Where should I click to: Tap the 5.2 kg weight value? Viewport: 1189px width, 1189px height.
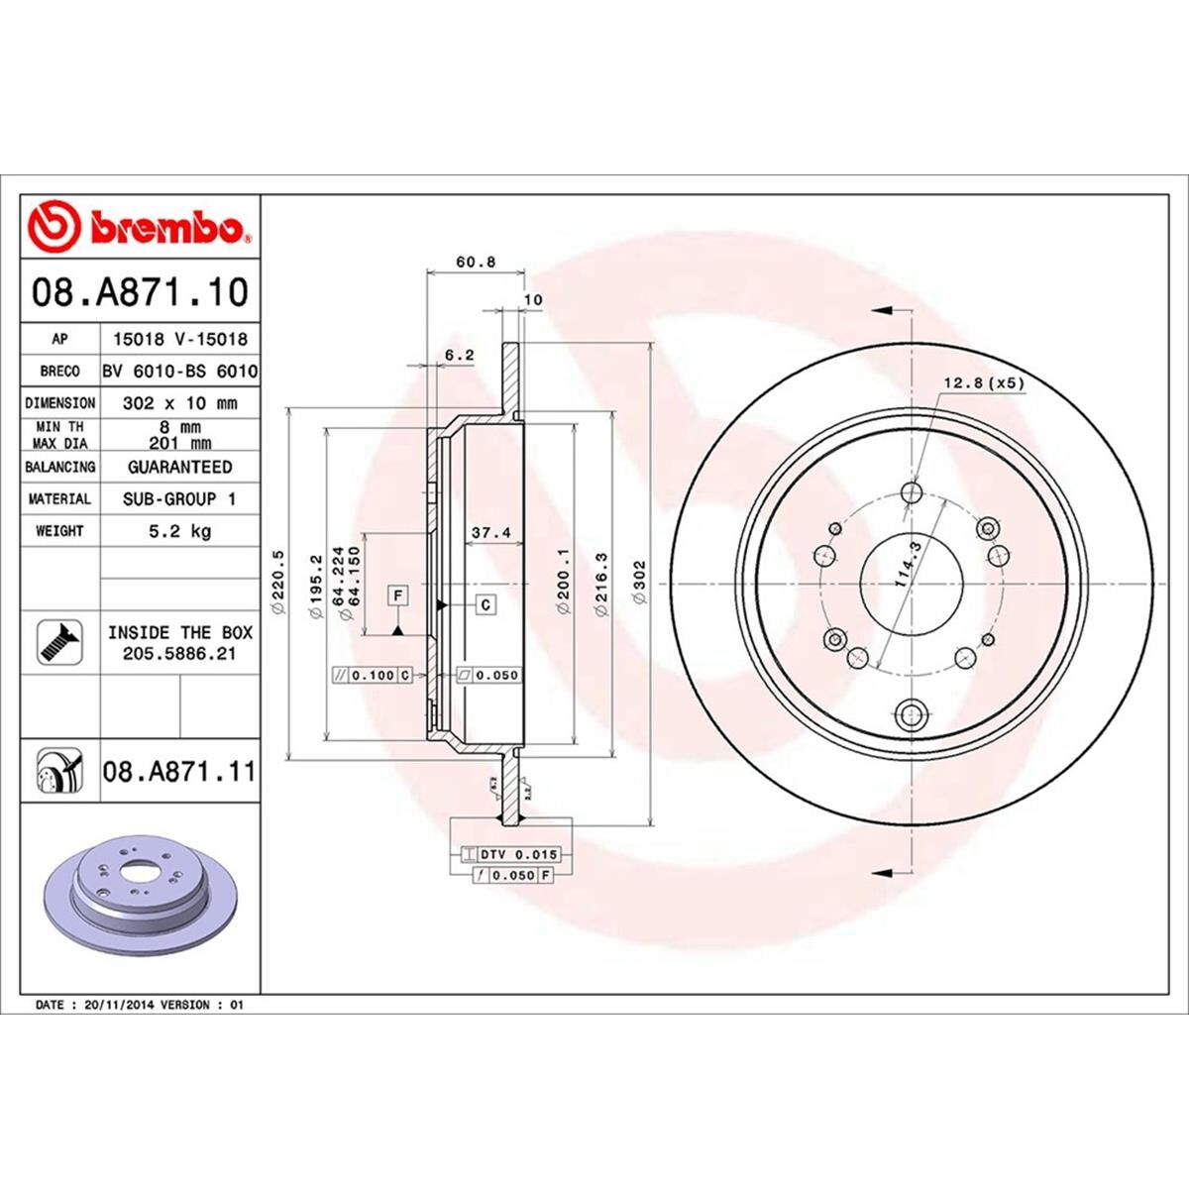click(179, 531)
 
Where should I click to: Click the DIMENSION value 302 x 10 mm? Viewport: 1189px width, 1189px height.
click(179, 403)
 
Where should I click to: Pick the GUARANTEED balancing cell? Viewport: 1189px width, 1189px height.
click(179, 466)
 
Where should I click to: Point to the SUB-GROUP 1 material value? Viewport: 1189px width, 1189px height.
click(179, 498)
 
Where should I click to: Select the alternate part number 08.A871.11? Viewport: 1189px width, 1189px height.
click(178, 770)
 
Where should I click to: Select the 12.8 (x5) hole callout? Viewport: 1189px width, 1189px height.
click(982, 382)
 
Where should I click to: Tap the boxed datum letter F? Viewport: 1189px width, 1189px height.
click(397, 595)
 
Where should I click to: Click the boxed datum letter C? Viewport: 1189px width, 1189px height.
click(486, 604)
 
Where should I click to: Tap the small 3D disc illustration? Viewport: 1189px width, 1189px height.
click(138, 886)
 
